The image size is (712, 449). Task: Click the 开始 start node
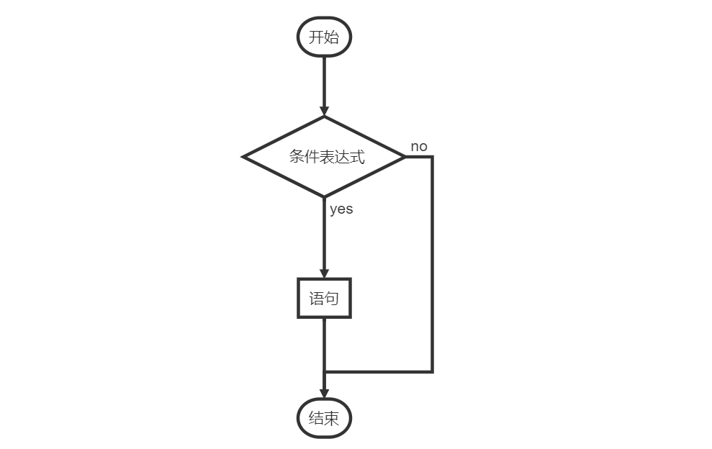pos(324,37)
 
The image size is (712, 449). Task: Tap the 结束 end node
pos(324,418)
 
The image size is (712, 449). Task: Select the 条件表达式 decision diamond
pos(324,156)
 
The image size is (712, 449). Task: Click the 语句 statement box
pos(324,298)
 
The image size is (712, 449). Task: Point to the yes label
pos(341,209)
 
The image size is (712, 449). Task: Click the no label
pos(419,147)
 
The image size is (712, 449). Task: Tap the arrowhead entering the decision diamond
pos(324,111)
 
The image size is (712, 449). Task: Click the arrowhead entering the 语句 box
pos(324,273)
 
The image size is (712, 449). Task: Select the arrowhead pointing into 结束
pos(324,394)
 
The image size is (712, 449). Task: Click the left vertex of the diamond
pos(245,156)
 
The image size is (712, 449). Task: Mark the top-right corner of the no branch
pos(432,156)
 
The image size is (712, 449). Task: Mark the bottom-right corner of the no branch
pos(432,371)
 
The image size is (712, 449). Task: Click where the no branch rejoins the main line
pos(325,371)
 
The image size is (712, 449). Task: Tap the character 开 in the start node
pos(316,37)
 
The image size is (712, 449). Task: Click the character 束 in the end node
pos(332,418)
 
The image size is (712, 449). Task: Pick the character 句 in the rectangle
pos(332,298)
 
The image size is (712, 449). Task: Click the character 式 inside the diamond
pos(358,157)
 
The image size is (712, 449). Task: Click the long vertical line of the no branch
pos(432,266)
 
